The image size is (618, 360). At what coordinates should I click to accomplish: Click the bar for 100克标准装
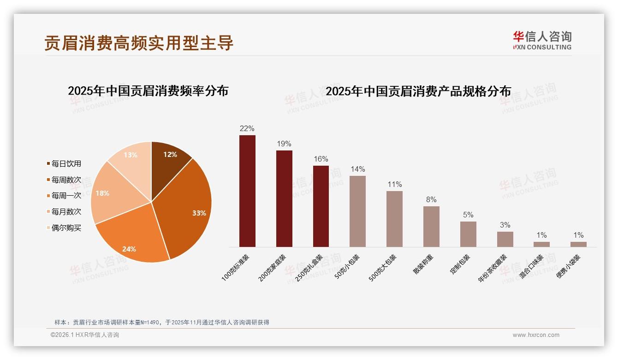247,191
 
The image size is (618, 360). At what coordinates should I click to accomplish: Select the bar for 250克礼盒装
321,206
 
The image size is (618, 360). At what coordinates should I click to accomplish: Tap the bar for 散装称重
431,227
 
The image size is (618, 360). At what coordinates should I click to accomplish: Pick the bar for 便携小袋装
578,244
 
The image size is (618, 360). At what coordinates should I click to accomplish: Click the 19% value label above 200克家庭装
284,144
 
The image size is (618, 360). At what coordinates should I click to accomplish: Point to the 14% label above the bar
357,169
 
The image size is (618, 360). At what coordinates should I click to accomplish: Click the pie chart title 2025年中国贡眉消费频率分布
148,91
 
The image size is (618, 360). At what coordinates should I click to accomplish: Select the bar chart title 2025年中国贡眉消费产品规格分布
418,91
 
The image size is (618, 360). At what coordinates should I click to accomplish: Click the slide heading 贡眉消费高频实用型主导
139,43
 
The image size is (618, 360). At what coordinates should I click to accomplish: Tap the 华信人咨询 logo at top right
542,40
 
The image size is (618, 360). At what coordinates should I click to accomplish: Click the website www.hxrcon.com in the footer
535,335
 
